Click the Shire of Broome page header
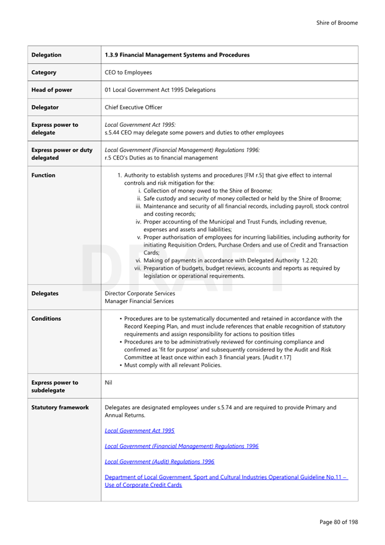[x=336, y=23]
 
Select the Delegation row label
[x=47, y=55]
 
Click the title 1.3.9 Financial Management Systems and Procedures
[x=177, y=55]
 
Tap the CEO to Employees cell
[x=128, y=73]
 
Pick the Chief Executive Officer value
[x=133, y=107]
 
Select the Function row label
[x=44, y=175]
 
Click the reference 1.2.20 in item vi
[x=308, y=260]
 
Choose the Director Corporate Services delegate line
[x=140, y=293]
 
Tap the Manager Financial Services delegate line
[x=139, y=301]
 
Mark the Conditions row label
[x=46, y=319]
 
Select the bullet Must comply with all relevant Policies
[x=173, y=365]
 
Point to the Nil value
[x=108, y=382]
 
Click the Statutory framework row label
[x=60, y=407]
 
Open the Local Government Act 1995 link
[x=139, y=431]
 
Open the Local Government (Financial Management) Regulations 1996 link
[x=181, y=446]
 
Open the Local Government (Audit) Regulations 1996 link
[x=159, y=461]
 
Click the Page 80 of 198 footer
[x=338, y=522]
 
